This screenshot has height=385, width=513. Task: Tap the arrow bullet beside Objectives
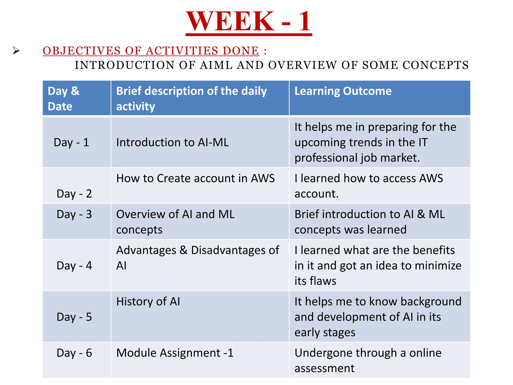tap(16, 51)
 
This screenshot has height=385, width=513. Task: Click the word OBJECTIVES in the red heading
tap(82, 51)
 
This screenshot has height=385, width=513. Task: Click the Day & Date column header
tap(64, 99)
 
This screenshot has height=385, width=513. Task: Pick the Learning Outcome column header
tap(343, 91)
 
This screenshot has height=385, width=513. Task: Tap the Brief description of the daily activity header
tap(191, 99)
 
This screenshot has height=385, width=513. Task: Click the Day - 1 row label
tap(71, 142)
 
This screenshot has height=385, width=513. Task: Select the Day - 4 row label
tap(74, 265)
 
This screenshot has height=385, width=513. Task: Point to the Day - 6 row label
tap(74, 353)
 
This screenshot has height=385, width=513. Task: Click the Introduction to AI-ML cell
tap(172, 142)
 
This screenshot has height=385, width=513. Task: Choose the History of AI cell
tap(148, 302)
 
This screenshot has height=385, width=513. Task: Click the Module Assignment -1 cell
tap(175, 353)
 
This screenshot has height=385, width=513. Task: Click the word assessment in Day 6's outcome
tap(324, 368)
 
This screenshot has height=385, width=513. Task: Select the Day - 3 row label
tap(74, 214)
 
